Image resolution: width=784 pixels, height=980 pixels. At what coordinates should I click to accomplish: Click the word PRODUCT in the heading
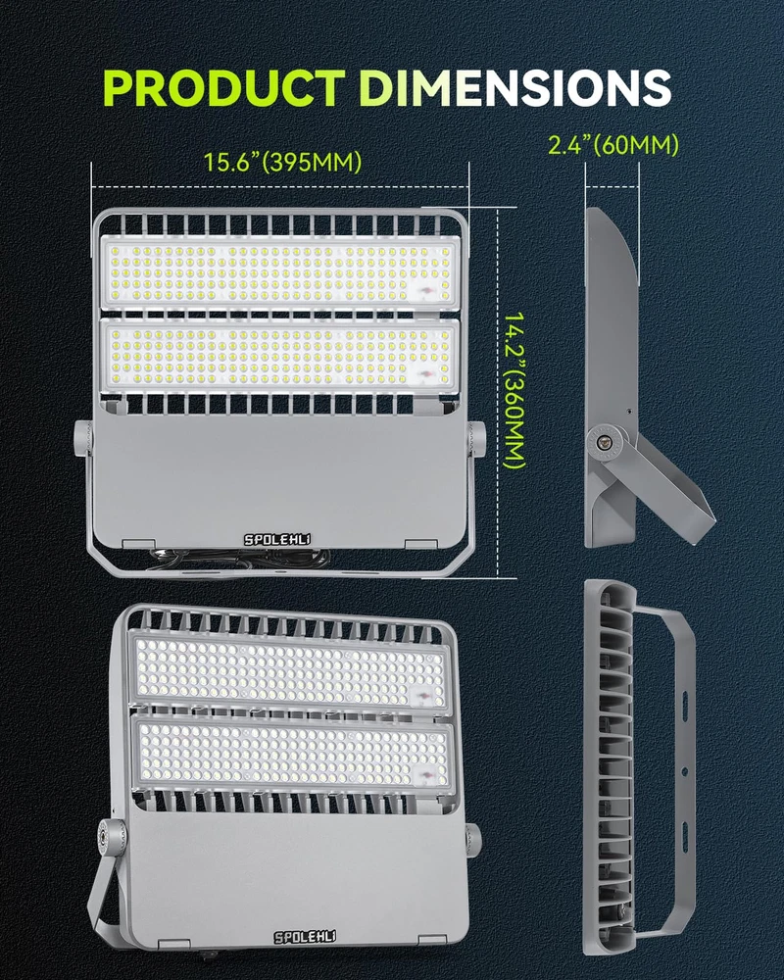click(224, 87)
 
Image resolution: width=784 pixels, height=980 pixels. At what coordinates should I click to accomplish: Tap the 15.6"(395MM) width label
click(282, 162)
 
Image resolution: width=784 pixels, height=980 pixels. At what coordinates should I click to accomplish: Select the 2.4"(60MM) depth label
click(612, 145)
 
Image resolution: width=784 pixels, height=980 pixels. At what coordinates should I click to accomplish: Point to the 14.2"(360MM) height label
click(514, 391)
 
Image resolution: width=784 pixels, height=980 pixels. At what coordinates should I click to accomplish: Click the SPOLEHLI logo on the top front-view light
click(277, 539)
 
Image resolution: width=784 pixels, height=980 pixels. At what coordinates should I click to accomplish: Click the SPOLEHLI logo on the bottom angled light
click(305, 936)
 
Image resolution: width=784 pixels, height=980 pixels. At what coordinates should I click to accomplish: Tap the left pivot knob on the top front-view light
click(83, 437)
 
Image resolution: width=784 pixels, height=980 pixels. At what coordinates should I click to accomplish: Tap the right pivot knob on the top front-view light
click(476, 437)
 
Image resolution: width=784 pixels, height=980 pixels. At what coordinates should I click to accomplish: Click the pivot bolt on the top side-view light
click(605, 442)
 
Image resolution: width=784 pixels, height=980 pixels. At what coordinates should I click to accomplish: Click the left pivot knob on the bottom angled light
click(115, 834)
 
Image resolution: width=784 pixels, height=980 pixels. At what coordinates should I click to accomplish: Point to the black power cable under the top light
click(241, 559)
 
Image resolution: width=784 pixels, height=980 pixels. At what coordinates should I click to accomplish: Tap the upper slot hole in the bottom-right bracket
click(685, 698)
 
